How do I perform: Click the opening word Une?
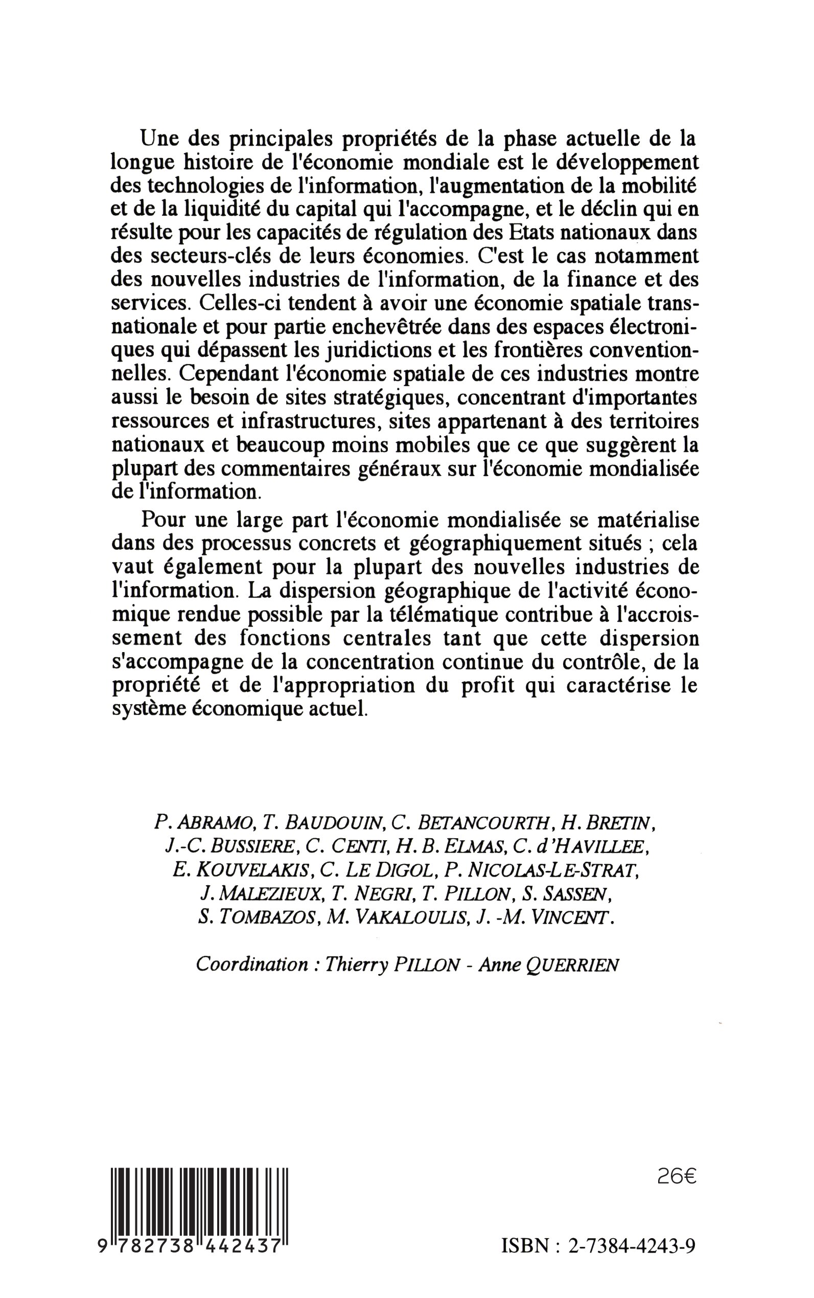tap(159, 139)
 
